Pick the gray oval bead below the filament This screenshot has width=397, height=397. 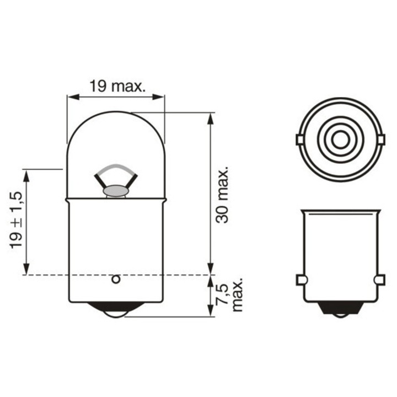[x=116, y=191]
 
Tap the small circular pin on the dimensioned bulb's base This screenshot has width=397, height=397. [x=116, y=280]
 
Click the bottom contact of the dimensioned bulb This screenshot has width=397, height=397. [x=116, y=311]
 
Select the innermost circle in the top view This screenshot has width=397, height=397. [x=340, y=140]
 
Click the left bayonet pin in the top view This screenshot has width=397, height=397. [x=299, y=140]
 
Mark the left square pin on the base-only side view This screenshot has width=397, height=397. [x=301, y=280]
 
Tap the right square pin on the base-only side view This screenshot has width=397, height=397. [x=379, y=280]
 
